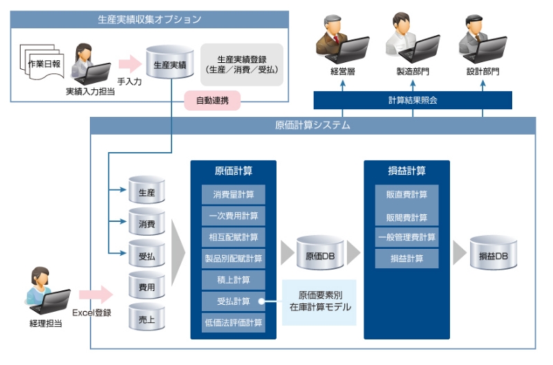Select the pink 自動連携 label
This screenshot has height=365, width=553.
212,101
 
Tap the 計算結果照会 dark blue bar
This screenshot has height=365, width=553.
413,100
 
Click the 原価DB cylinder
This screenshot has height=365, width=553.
320,255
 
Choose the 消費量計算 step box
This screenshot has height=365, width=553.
233,194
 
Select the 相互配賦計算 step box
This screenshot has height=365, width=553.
233,237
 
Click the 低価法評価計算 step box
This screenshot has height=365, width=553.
233,322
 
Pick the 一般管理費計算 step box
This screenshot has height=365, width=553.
406,237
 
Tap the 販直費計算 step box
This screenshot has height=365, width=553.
406,194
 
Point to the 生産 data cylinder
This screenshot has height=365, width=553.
147,191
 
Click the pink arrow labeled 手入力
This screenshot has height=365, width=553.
129,64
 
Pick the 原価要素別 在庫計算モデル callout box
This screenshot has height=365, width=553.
319,301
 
